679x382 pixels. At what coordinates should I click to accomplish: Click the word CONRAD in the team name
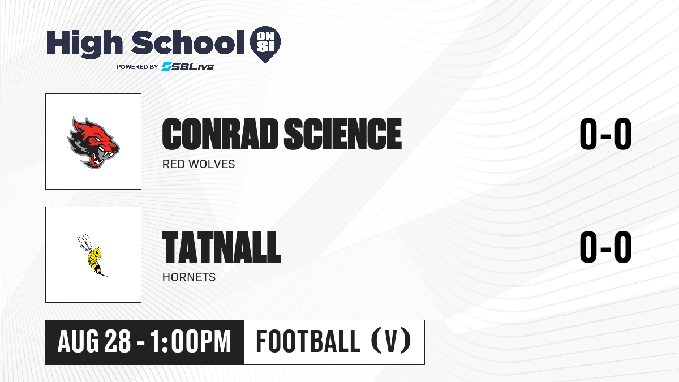pyautogui.click(x=220, y=134)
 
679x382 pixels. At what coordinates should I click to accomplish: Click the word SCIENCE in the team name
pyautogui.click(x=342, y=134)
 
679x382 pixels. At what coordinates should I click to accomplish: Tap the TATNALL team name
pyautogui.click(x=222, y=247)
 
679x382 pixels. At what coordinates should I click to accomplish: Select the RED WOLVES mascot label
pyautogui.click(x=199, y=164)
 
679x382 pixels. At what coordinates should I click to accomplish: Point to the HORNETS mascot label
pyautogui.click(x=189, y=277)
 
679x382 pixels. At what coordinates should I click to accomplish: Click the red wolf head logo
pyautogui.click(x=93, y=142)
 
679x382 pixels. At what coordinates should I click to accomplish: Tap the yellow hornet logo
pyautogui.click(x=92, y=255)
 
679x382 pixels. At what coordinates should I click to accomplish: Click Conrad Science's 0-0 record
pyautogui.click(x=605, y=134)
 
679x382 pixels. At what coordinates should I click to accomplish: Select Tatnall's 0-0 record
pyautogui.click(x=605, y=247)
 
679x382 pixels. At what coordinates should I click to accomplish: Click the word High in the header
pyautogui.click(x=85, y=44)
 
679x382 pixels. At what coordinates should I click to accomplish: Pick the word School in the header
pyautogui.click(x=188, y=42)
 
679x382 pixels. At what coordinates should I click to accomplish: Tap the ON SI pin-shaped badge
pyautogui.click(x=265, y=44)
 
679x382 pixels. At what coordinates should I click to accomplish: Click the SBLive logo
pyautogui.click(x=188, y=67)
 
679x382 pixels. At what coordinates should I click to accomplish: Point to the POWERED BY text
pyautogui.click(x=137, y=67)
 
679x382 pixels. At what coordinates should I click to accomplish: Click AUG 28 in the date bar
pyautogui.click(x=94, y=342)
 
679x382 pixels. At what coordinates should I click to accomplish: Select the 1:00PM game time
pyautogui.click(x=191, y=342)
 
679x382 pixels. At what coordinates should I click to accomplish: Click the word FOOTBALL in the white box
pyautogui.click(x=308, y=341)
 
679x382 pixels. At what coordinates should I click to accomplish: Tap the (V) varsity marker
pyautogui.click(x=391, y=341)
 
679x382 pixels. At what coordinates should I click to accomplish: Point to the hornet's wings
pyautogui.click(x=84, y=242)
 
